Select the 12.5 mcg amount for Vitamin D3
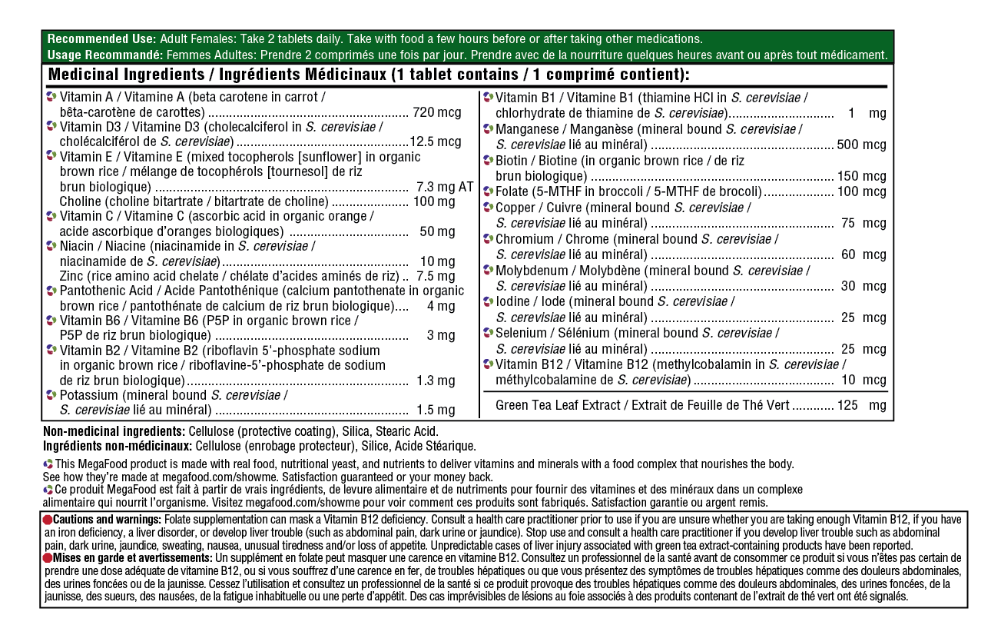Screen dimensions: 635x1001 [435, 141]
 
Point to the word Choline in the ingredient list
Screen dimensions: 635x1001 [81, 201]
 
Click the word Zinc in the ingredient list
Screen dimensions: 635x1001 [71, 276]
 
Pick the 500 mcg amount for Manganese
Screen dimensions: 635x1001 [861, 145]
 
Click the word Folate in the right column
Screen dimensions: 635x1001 [513, 191]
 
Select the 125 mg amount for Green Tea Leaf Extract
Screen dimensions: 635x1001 [861, 405]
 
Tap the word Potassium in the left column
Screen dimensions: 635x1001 [88, 395]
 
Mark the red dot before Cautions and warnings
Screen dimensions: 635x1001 [48, 520]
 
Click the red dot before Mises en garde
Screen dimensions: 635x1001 [48, 557]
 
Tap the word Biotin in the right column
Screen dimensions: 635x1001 [512, 161]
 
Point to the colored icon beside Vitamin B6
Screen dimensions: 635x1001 [51, 320]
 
